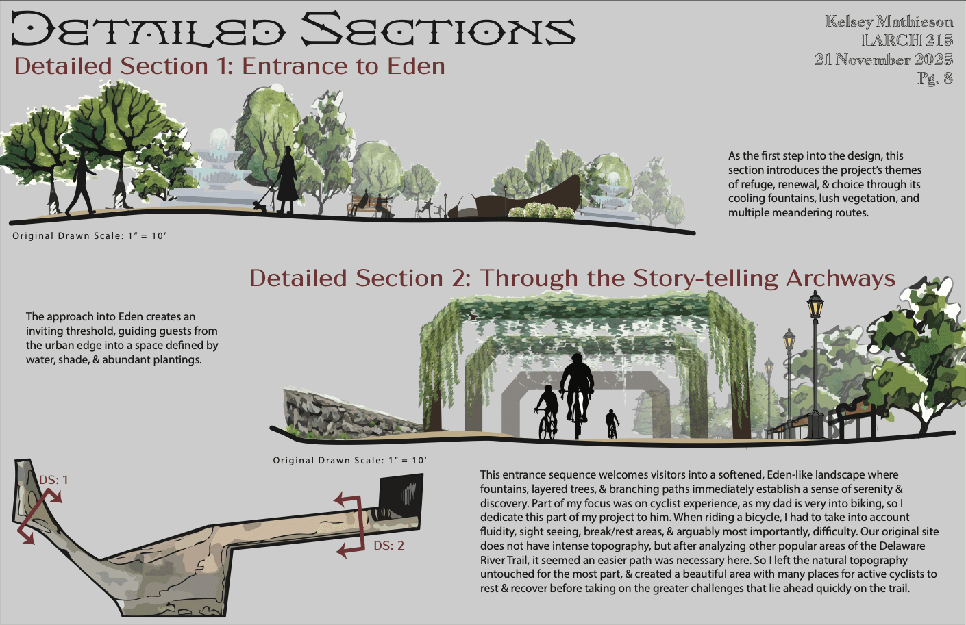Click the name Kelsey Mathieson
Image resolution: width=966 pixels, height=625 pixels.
click(889, 21)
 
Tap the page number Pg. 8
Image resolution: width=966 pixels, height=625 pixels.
click(935, 78)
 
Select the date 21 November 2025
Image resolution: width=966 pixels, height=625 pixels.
click(883, 60)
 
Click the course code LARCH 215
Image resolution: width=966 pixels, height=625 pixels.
click(907, 40)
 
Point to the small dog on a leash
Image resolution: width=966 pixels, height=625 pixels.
click(260, 203)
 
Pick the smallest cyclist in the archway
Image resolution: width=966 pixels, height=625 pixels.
click(612, 423)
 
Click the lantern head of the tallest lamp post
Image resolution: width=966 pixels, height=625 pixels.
click(815, 304)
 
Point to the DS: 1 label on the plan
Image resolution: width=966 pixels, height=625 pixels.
click(53, 480)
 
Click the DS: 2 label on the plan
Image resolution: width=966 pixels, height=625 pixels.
click(388, 546)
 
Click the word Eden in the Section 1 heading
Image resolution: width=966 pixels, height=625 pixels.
click(416, 66)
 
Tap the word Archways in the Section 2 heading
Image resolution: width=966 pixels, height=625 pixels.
click(841, 278)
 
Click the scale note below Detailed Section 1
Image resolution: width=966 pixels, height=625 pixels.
click(89, 235)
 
